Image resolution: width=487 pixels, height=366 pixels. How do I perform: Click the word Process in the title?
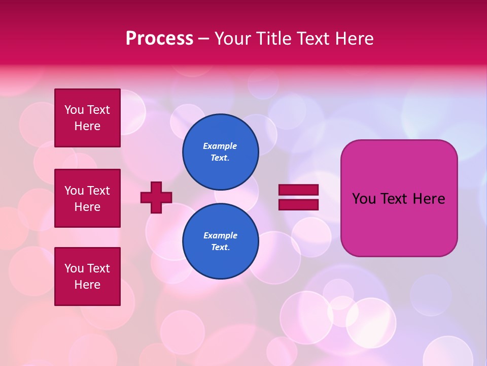click(x=159, y=39)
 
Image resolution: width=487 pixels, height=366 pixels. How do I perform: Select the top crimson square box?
click(x=87, y=118)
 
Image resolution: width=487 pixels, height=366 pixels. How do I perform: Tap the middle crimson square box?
click(x=87, y=198)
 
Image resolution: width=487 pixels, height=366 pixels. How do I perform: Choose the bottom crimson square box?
click(x=87, y=277)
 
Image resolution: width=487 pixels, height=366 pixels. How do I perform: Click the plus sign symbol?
click(x=156, y=197)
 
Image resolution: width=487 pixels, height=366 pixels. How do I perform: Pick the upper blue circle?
click(x=220, y=151)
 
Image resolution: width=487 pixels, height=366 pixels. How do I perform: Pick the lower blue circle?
click(x=220, y=241)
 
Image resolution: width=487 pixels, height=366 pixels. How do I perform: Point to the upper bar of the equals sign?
click(x=298, y=190)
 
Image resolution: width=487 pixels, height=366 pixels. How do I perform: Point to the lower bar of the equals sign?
click(x=298, y=204)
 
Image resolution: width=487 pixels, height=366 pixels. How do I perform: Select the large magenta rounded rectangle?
click(x=399, y=198)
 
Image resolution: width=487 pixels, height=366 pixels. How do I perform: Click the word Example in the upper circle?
click(x=220, y=146)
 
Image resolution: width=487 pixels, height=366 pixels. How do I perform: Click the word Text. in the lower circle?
click(x=220, y=248)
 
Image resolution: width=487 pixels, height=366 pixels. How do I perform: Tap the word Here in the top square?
click(x=87, y=126)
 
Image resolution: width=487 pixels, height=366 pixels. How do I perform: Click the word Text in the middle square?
click(x=98, y=191)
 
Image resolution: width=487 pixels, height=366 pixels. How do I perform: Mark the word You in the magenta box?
click(x=364, y=199)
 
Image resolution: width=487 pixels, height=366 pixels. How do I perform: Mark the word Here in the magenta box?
click(x=429, y=199)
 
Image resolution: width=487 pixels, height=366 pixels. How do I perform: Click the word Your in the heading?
click(x=233, y=39)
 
